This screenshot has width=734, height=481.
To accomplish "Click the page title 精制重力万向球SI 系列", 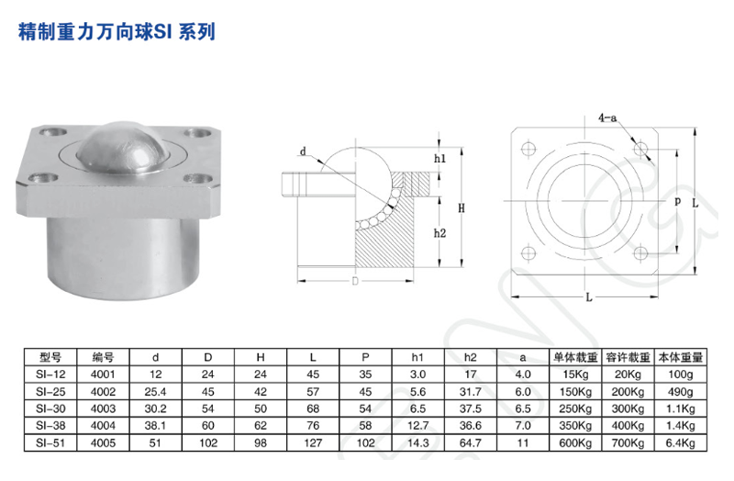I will tap(117, 34).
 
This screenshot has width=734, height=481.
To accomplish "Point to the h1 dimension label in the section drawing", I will tap(439, 158).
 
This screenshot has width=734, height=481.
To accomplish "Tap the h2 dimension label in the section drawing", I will tap(440, 233).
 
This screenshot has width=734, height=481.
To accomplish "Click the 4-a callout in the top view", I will tap(606, 118).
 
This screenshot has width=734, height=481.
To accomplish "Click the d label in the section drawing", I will tap(302, 153).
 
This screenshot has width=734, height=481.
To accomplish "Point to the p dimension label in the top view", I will tap(677, 201).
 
